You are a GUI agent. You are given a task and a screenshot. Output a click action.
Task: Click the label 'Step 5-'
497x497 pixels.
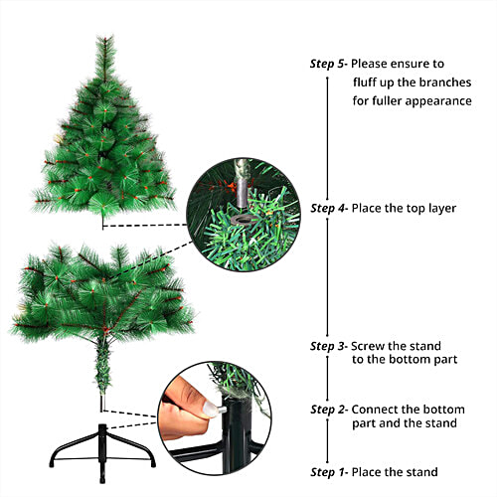click(329, 64)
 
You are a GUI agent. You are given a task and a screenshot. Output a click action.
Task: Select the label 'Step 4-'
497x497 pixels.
click(329, 209)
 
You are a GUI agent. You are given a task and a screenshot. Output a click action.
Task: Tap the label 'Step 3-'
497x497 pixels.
click(329, 346)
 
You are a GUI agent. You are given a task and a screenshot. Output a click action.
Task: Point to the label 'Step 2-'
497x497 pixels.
click(329, 410)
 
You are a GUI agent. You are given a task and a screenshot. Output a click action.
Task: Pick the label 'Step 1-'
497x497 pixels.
click(329, 472)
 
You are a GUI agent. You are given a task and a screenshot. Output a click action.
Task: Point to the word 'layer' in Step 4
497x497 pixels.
click(439, 209)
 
